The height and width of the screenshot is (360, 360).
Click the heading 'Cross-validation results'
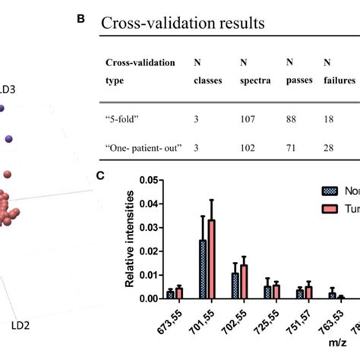point(183,24)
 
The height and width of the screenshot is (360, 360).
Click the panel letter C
point(99,174)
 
